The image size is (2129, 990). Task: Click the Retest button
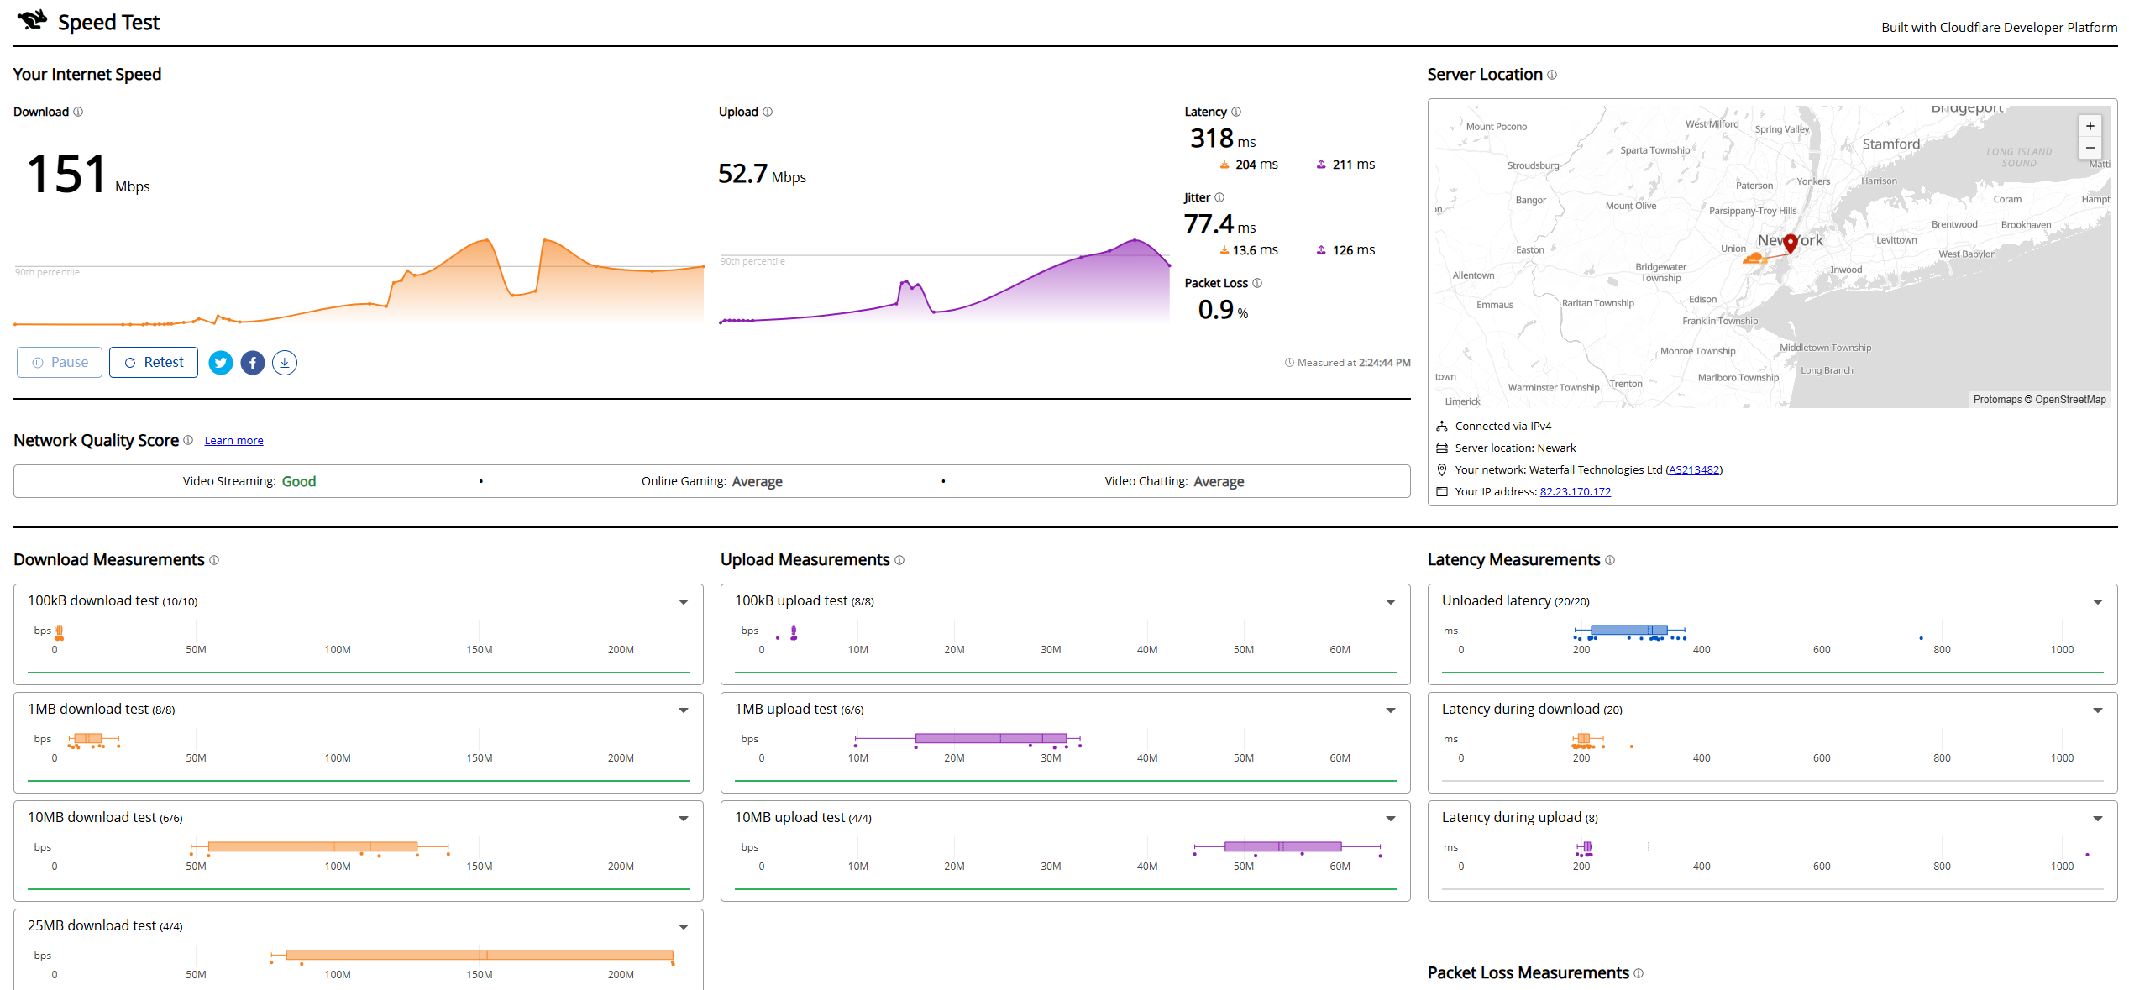[x=154, y=363]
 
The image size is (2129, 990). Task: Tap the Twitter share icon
[x=221, y=363]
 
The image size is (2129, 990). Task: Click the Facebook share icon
[x=253, y=363]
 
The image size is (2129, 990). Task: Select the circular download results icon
[x=285, y=363]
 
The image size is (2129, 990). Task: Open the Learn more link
[x=233, y=441]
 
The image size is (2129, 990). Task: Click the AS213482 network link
[x=1694, y=470]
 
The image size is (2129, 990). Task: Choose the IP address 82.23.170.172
[x=1576, y=492]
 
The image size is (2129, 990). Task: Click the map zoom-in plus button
[x=2090, y=126]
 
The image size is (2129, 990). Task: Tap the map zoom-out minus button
[x=2090, y=148]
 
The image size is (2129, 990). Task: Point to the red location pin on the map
[x=1791, y=243]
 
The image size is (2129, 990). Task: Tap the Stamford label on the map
[x=1891, y=144]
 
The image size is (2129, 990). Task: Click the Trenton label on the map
[x=1626, y=384]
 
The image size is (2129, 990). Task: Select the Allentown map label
[x=1474, y=275]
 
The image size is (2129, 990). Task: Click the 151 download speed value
[x=66, y=175]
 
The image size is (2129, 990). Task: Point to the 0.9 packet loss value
[x=1216, y=310]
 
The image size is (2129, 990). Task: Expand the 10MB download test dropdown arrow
[x=684, y=819]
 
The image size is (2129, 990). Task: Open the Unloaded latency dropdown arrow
[x=2098, y=602]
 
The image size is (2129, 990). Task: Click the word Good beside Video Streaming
[x=299, y=481]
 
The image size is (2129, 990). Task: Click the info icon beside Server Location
[x=1552, y=75]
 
